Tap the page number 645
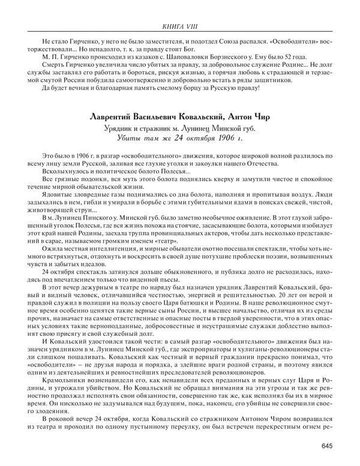pyautogui.click(x=326, y=445)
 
